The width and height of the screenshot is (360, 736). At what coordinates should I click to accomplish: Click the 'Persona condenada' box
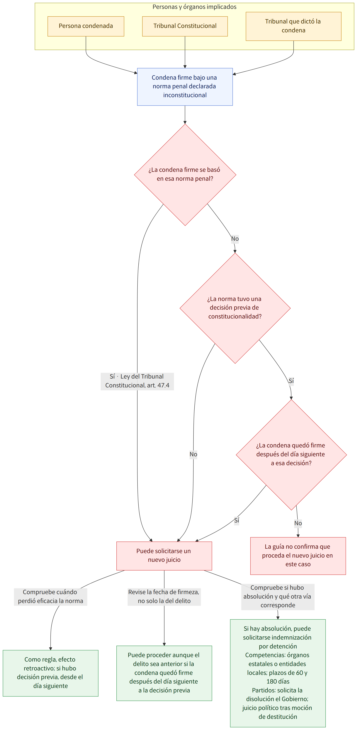tap(86, 26)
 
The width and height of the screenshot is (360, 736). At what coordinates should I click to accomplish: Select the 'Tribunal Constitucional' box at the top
tap(185, 26)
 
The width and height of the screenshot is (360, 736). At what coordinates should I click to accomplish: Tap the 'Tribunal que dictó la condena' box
tap(293, 26)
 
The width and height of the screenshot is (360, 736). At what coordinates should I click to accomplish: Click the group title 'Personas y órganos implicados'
tap(194, 7)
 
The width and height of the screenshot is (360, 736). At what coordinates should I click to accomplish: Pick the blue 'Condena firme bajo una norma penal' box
tap(185, 87)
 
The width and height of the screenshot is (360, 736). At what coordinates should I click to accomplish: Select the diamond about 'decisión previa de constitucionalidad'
tap(235, 308)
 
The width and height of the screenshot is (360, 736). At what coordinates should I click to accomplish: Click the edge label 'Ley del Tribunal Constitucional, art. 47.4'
tap(137, 381)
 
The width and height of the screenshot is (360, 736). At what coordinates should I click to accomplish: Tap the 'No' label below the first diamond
tap(235, 238)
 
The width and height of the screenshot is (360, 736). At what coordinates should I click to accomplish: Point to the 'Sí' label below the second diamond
tap(291, 381)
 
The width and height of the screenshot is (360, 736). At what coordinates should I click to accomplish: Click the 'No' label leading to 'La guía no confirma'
tap(298, 523)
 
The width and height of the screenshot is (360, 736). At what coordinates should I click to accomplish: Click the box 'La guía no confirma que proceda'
tap(298, 556)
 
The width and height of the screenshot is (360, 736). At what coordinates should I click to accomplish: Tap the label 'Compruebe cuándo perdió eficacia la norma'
tap(51, 597)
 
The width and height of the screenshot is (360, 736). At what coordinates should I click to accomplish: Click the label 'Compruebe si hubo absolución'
tap(278, 597)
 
